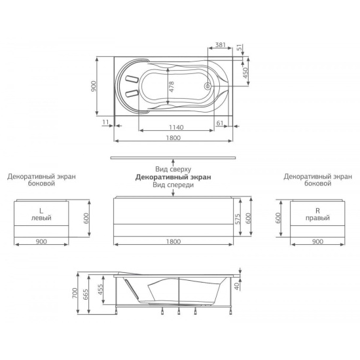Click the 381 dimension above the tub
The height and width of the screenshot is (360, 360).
tap(221, 45)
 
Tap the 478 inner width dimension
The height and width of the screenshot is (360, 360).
tap(171, 87)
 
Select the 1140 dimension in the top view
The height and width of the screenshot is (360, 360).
tap(176, 127)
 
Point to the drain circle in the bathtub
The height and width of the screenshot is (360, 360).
tap(207, 86)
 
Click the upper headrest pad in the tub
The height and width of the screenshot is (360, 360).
tap(132, 79)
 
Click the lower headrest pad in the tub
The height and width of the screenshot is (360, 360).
tap(132, 93)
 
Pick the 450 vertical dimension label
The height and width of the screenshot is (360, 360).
tap(245, 73)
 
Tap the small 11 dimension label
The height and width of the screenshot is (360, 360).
tap(105, 122)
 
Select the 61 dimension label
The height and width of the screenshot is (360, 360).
tap(220, 123)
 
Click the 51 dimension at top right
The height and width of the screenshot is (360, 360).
tap(240, 48)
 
